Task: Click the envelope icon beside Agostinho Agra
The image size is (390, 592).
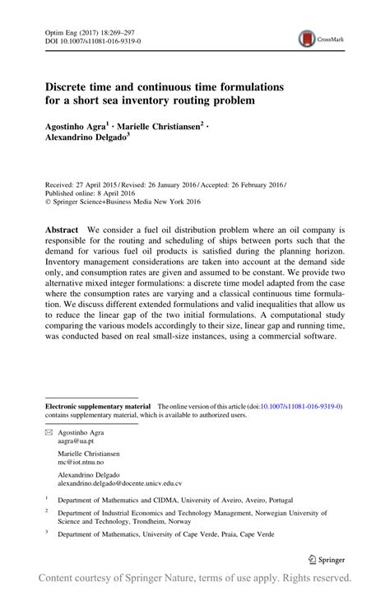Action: click(49, 431)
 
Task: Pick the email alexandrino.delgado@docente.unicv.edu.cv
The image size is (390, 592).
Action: click(120, 485)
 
